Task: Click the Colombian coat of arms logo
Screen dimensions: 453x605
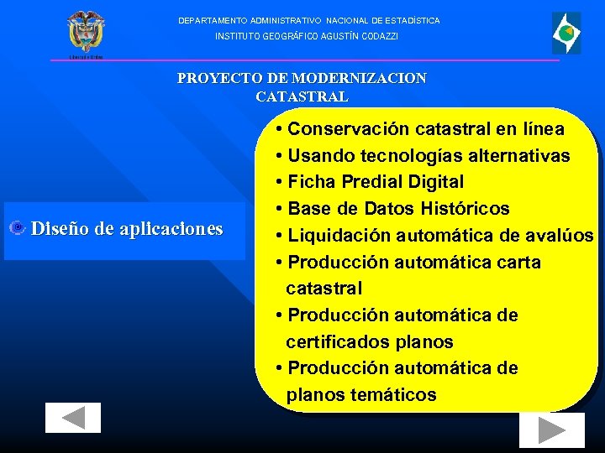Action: point(85,34)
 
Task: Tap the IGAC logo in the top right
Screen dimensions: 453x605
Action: point(566,34)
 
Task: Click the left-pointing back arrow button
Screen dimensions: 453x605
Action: point(73,418)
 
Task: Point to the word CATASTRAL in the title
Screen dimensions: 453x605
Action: point(302,96)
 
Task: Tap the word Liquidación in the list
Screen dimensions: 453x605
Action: point(339,235)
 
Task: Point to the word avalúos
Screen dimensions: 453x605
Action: point(558,235)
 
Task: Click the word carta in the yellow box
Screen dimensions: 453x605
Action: point(518,262)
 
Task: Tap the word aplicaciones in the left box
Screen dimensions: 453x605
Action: point(171,228)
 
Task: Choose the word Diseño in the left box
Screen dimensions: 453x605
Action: point(58,228)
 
